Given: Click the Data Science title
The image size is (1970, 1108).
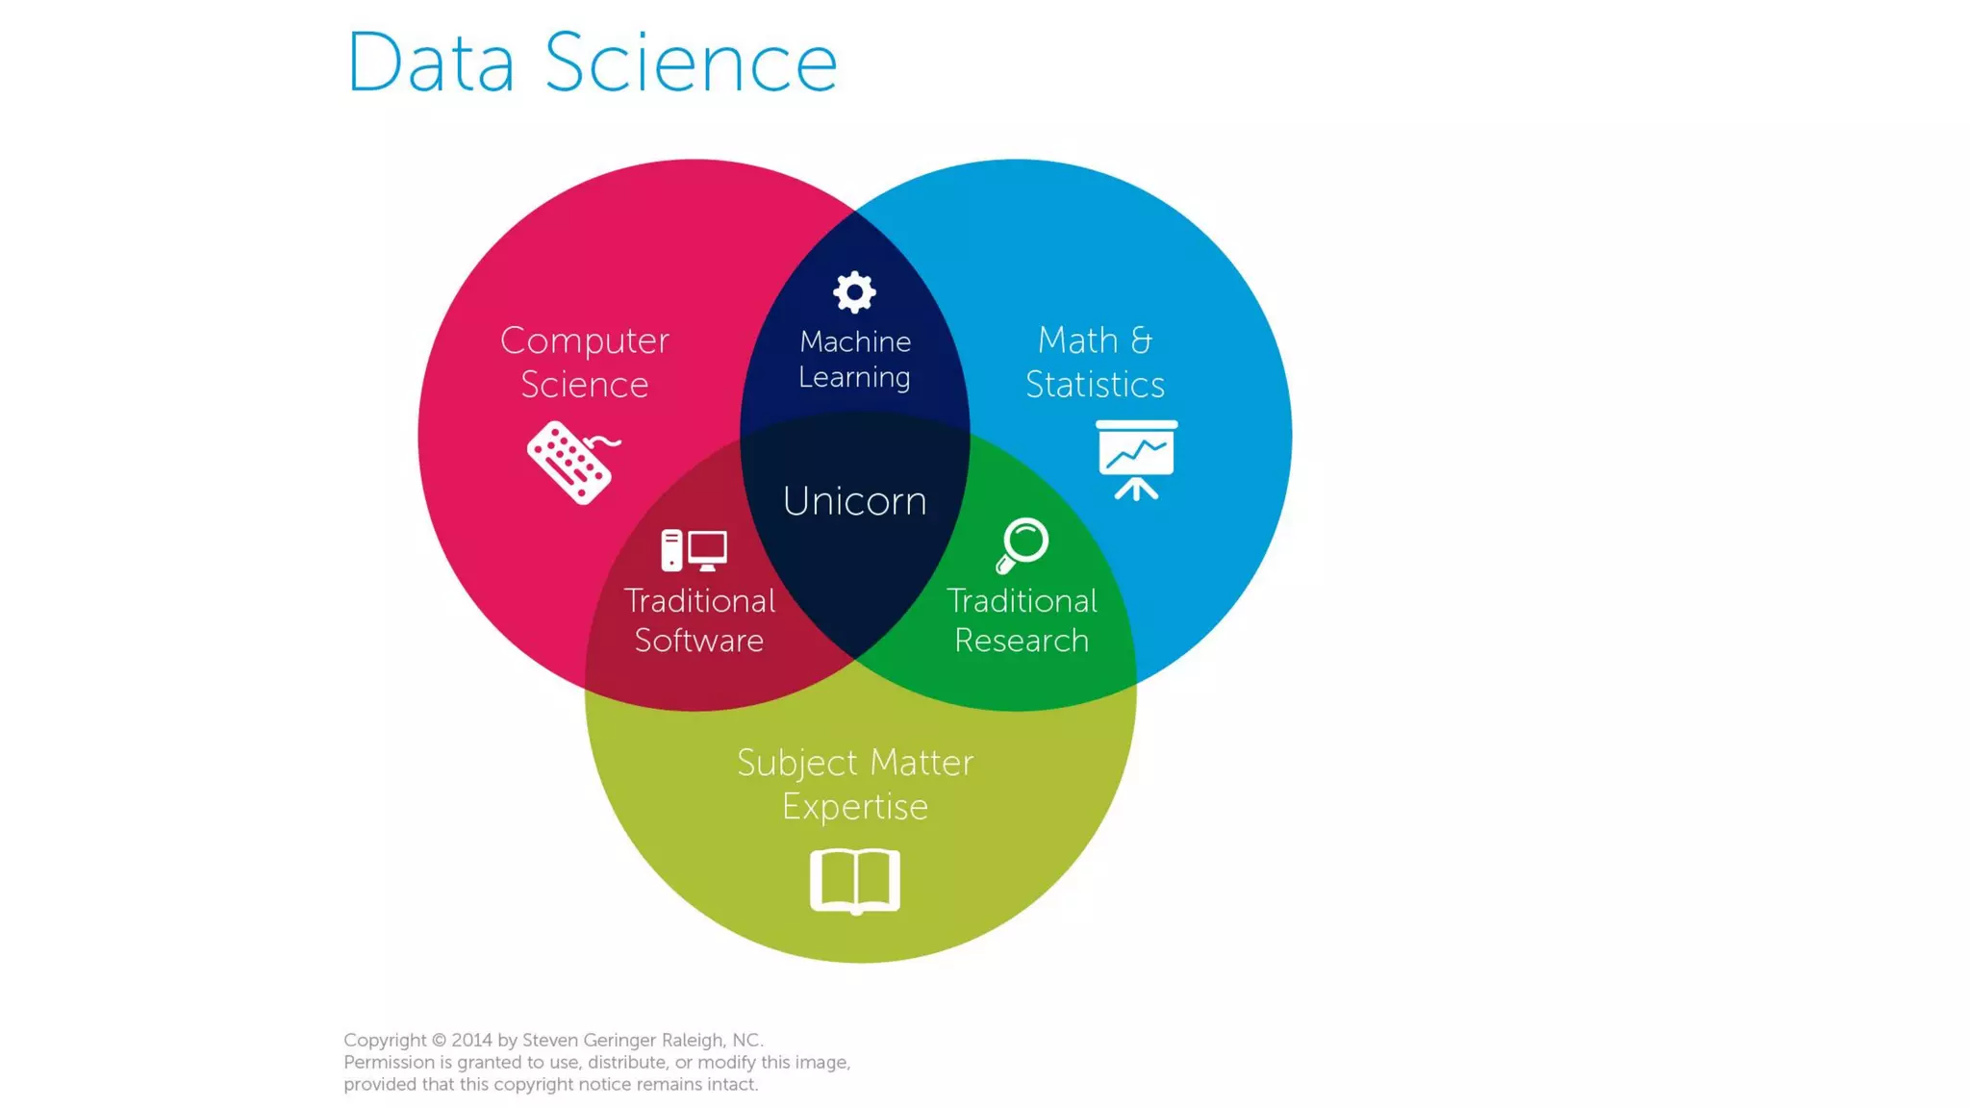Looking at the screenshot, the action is [x=592, y=63].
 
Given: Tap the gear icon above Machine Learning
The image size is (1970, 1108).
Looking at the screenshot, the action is [x=854, y=291].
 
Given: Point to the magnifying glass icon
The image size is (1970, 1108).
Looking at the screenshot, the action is [x=1022, y=544].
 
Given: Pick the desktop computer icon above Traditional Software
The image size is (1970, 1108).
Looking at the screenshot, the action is [x=694, y=550].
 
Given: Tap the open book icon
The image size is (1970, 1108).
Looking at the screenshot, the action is [x=855, y=880].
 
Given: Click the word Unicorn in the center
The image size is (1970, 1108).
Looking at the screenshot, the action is [x=854, y=501].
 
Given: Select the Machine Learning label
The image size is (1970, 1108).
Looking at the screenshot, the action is [x=854, y=359].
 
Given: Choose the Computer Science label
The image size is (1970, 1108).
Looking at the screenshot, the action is [x=584, y=363].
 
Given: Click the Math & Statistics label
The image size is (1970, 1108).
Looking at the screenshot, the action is [x=1095, y=363].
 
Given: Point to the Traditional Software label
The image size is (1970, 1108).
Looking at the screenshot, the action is [x=699, y=620].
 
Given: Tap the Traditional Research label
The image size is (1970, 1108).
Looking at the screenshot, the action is [x=1022, y=620].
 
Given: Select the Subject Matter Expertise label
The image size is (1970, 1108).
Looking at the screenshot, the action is [x=855, y=784].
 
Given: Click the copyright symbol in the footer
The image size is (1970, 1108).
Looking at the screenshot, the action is [x=439, y=1040].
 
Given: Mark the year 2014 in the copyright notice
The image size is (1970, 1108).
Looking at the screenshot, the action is [x=471, y=1040].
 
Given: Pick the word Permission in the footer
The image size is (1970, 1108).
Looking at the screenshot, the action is [x=389, y=1062].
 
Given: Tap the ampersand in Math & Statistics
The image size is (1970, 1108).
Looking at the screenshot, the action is [x=1141, y=340].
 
